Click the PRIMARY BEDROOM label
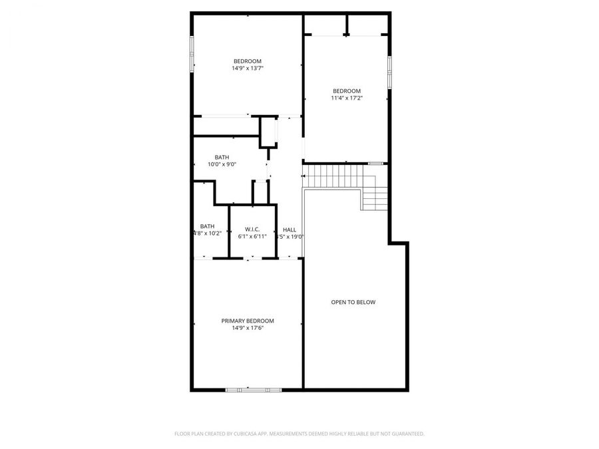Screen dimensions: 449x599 coord(248,321)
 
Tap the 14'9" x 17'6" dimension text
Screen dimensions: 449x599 coord(248,328)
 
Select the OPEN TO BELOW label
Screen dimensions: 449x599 coord(353,302)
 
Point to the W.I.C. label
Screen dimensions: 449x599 coord(252,229)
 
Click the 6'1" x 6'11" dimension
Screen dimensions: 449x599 coord(252,236)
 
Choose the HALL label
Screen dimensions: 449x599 coord(290,229)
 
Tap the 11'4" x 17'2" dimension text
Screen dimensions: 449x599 coord(347,98)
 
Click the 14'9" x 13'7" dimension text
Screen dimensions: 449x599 coord(248,68)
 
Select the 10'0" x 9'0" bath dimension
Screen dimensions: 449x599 coord(222,164)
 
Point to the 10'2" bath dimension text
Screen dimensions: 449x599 coord(208,233)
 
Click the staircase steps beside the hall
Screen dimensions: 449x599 coord(332,176)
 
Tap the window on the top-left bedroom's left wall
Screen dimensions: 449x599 coord(192,54)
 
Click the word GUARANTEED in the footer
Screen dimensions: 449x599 coord(405,434)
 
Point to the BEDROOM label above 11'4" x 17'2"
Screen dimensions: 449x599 coord(347,90)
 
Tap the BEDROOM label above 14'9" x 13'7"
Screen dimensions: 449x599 coord(248,61)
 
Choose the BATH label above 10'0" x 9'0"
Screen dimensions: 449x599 coord(222,157)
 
